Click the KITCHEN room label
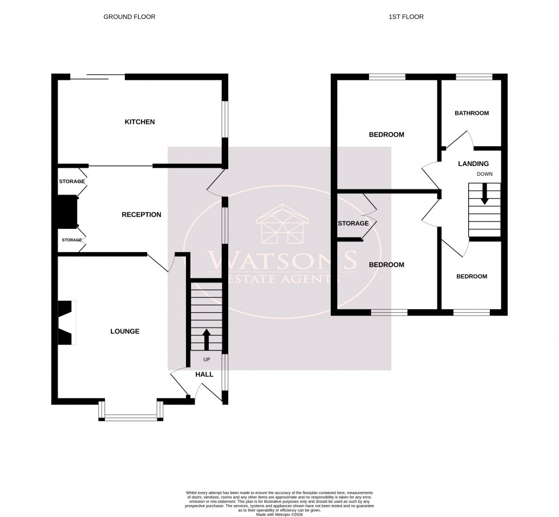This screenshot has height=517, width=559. pyautogui.click(x=140, y=122)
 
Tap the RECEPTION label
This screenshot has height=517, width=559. pyautogui.click(x=141, y=215)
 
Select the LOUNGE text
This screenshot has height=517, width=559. pyautogui.click(x=125, y=332)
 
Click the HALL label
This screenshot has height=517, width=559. pyautogui.click(x=204, y=375)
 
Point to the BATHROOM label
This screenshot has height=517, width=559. pyautogui.click(x=471, y=114)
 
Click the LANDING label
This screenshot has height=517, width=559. pyautogui.click(x=473, y=164)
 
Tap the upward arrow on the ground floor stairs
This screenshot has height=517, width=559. pyautogui.click(x=206, y=339)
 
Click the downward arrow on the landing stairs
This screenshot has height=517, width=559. pyautogui.click(x=484, y=193)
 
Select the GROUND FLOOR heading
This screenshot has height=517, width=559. pyautogui.click(x=129, y=17)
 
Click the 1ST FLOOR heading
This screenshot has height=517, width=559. pyautogui.click(x=406, y=17)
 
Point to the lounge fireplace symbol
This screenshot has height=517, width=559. pyautogui.click(x=67, y=322)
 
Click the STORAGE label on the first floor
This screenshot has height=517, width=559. pyautogui.click(x=353, y=223)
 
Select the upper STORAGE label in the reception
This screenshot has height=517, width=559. pyautogui.click(x=71, y=181)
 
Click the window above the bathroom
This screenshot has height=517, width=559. pyautogui.click(x=473, y=76)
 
